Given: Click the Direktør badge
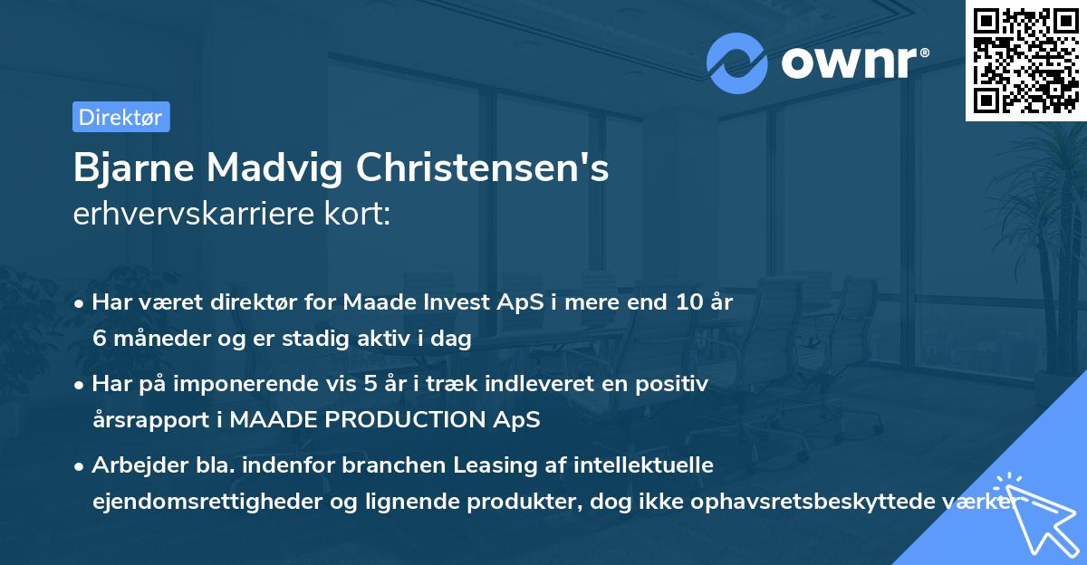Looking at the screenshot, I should [x=120, y=117].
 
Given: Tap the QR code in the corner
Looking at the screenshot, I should [x=1024, y=60].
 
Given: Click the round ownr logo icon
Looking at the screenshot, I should [x=737, y=63].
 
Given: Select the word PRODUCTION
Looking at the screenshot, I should [x=403, y=420].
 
